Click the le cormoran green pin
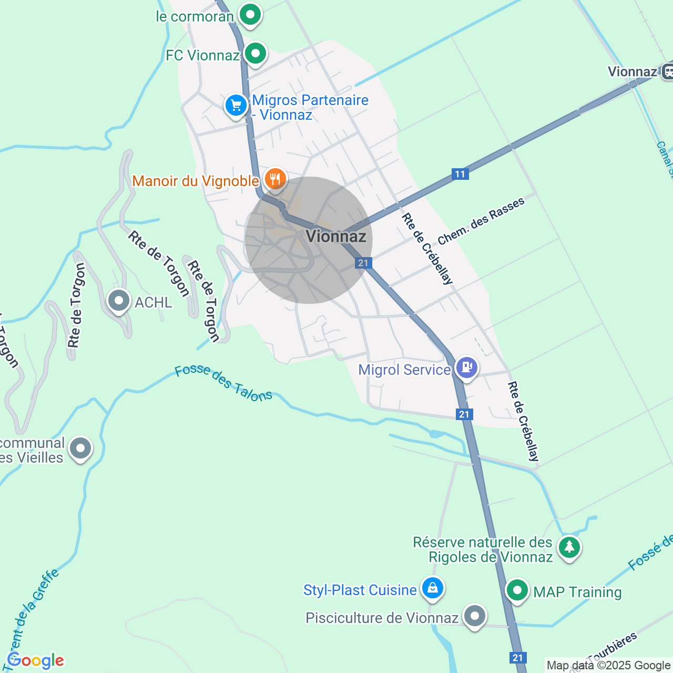(250, 14)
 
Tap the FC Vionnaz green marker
(256, 53)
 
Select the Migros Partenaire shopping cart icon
(236, 106)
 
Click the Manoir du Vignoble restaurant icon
(274, 179)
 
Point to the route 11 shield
(460, 174)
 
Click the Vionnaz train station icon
(667, 71)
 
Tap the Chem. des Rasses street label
(481, 221)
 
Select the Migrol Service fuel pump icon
(466, 367)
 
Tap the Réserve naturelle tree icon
(569, 548)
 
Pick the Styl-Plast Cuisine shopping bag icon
(432, 588)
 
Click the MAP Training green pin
(517, 590)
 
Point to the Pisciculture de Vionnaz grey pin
(475, 616)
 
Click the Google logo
(36, 660)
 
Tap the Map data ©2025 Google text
(608, 666)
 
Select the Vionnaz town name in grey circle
(335, 236)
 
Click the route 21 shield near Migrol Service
(464, 414)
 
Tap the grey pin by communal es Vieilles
(80, 449)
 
